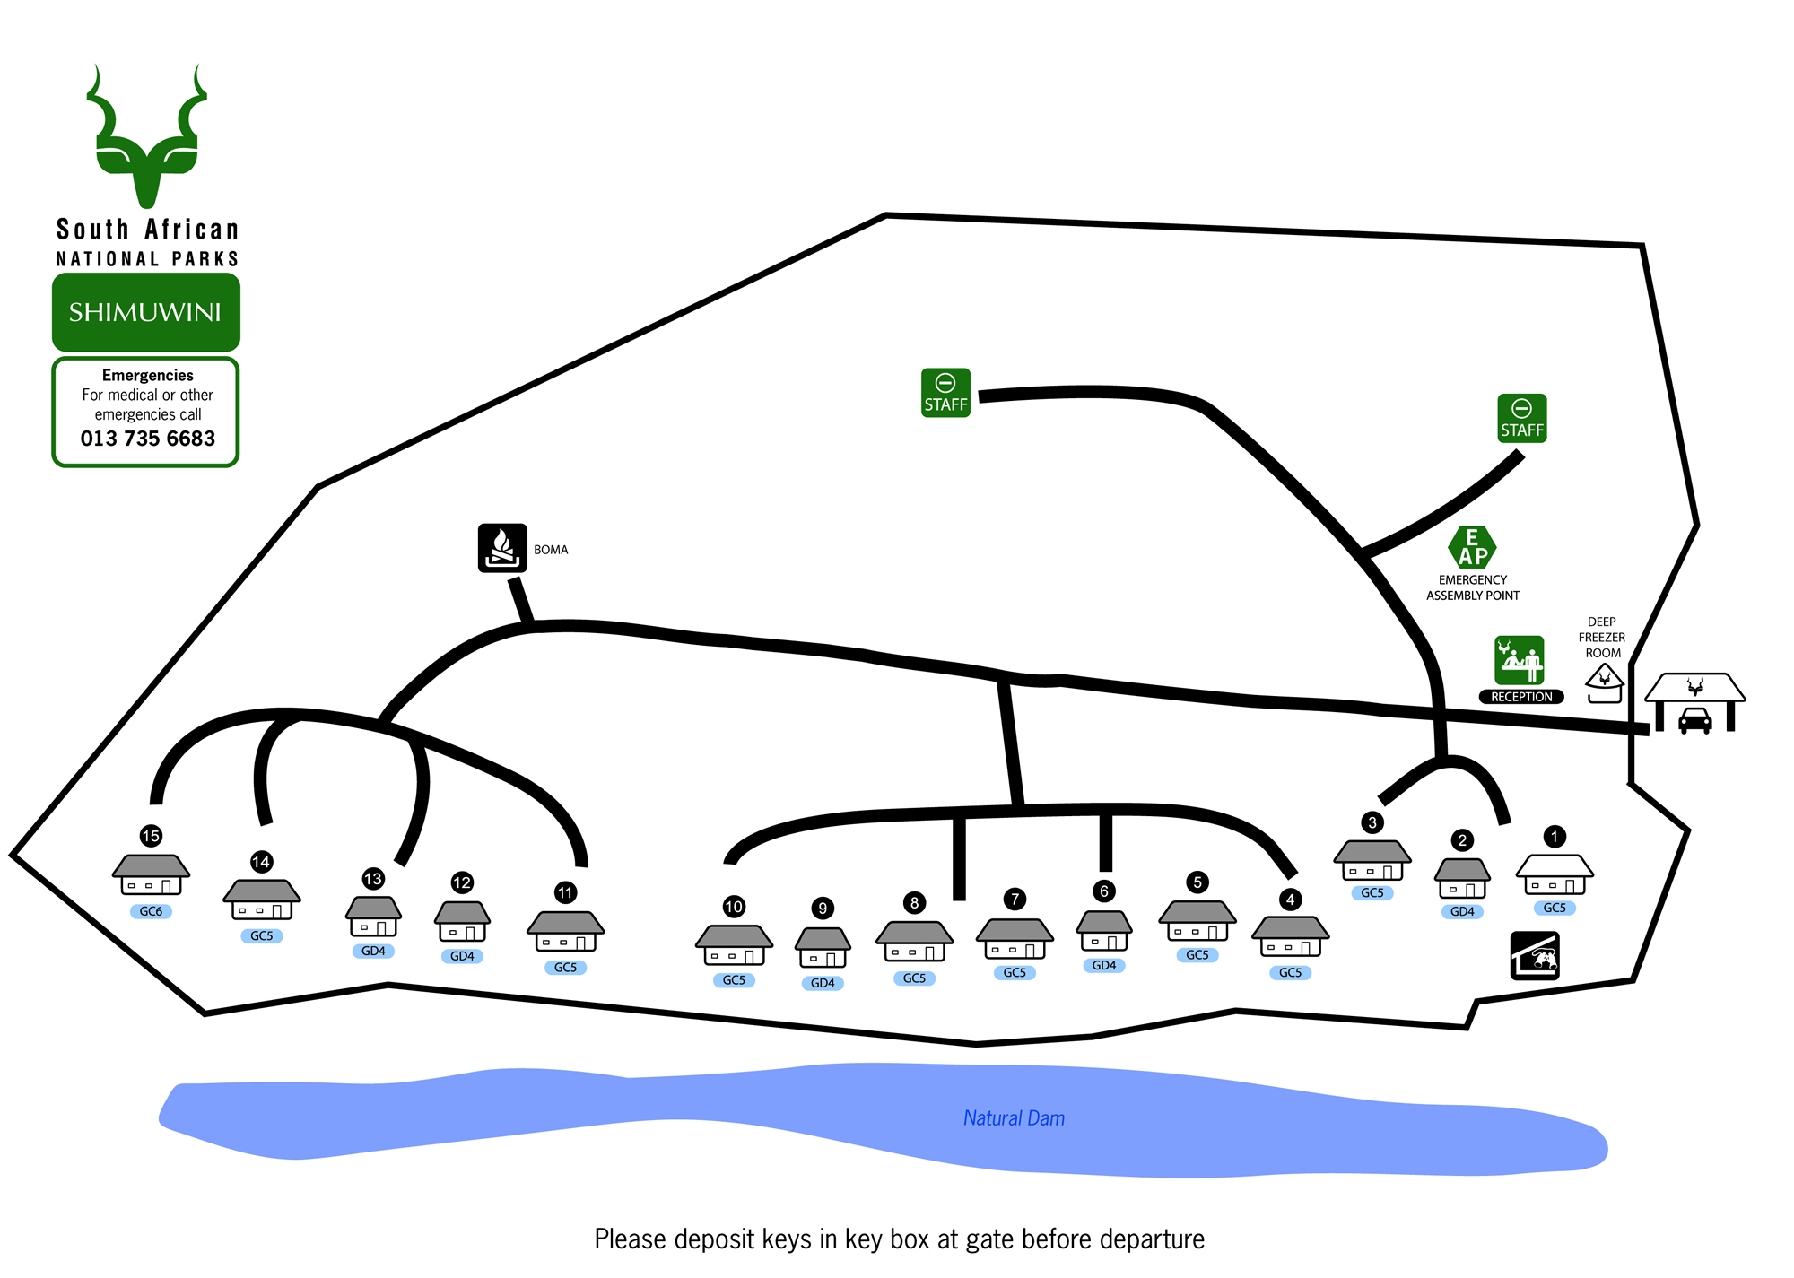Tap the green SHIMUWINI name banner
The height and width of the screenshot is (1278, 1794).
click(x=145, y=312)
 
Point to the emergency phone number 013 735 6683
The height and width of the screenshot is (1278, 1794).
click(x=148, y=439)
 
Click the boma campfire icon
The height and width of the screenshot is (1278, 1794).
click(x=502, y=548)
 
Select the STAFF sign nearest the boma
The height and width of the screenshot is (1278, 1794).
click(x=945, y=393)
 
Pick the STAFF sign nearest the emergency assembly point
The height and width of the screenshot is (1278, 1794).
click(x=1521, y=418)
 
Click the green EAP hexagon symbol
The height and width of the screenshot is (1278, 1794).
click(x=1472, y=547)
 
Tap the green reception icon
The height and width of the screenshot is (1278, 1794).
click(x=1519, y=660)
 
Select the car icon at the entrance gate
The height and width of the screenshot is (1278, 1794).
click(x=1694, y=720)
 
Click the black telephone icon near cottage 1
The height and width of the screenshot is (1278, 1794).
click(x=1535, y=956)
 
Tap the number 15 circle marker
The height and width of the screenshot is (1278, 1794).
click(x=151, y=836)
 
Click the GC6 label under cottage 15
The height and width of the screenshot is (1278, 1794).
click(x=151, y=911)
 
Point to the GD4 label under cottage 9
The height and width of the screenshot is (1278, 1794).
click(x=823, y=983)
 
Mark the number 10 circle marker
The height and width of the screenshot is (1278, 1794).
click(x=734, y=906)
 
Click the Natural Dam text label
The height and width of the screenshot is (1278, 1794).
click(x=1014, y=1118)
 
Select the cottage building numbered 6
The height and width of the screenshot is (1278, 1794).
click(x=1104, y=932)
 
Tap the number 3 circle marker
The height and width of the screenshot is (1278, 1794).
click(x=1372, y=822)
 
